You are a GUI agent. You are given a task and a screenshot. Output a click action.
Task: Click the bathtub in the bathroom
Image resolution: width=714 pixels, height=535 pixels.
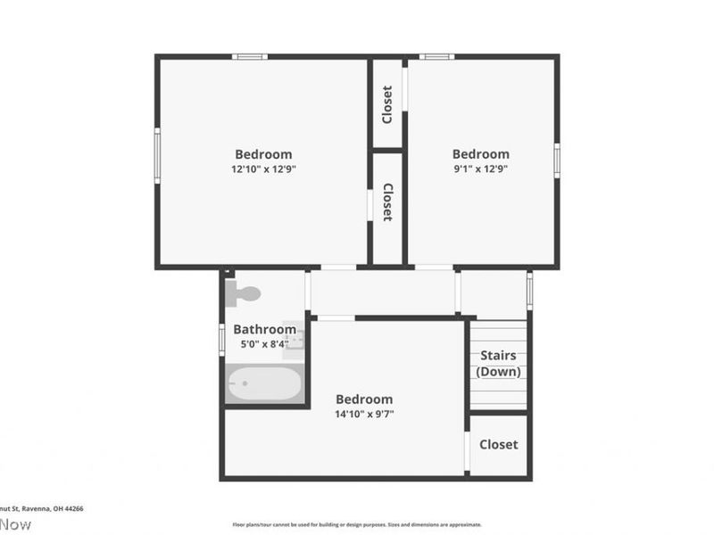[x=264, y=384]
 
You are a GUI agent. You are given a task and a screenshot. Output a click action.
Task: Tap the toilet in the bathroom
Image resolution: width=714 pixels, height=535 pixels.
[x=244, y=292]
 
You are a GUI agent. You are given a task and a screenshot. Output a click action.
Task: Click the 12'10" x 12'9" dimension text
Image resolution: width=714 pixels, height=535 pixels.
[x=263, y=169]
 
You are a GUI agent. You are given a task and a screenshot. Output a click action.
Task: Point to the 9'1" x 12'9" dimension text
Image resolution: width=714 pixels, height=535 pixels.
[x=481, y=169]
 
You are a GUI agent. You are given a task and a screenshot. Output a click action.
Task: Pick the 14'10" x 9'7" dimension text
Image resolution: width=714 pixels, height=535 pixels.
[x=364, y=414]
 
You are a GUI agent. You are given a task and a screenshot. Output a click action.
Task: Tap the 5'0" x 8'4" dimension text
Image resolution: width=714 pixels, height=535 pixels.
[x=264, y=343]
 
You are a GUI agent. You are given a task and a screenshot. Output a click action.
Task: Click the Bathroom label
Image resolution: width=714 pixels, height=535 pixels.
[x=264, y=329]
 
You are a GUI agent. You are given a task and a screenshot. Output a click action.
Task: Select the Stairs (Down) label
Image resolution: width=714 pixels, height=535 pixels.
[x=499, y=364]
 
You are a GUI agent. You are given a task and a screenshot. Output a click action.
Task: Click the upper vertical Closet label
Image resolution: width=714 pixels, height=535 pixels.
[x=387, y=104]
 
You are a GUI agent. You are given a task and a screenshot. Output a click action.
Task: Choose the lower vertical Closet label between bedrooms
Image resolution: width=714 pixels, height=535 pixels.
[x=387, y=202]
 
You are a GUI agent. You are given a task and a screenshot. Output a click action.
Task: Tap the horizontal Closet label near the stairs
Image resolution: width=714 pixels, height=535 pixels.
[x=498, y=444]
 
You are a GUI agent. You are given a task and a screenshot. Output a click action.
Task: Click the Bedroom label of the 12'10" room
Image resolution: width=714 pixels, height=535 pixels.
[x=263, y=154]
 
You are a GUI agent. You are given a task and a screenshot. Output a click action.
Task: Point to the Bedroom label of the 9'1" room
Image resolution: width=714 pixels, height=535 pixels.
[x=481, y=154]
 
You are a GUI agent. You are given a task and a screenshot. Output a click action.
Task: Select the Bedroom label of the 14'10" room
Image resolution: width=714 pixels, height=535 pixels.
[x=364, y=399]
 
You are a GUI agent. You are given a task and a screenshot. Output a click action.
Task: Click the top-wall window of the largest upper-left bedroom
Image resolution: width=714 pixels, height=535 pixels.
[x=250, y=57]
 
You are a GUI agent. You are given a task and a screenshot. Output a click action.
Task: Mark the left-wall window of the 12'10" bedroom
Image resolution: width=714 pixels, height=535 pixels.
[x=157, y=155]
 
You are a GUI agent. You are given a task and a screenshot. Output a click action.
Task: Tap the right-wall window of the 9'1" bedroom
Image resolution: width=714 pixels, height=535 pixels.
[x=556, y=160]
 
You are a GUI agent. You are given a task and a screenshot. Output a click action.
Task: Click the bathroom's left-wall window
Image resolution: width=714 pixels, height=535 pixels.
[x=222, y=340]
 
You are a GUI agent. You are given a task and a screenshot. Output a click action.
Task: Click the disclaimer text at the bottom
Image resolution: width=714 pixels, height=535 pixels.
[x=357, y=524]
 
